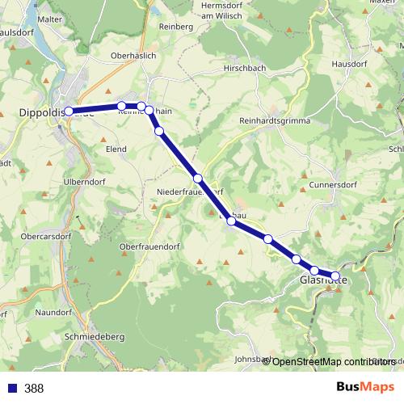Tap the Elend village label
click(117, 149)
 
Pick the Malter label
click(49, 19)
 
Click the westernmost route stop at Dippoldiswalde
click(69, 112)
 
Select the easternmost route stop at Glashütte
click(335, 276)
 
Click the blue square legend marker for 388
click(11, 388)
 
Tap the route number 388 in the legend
click(34, 388)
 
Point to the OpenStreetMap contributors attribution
click(334, 361)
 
